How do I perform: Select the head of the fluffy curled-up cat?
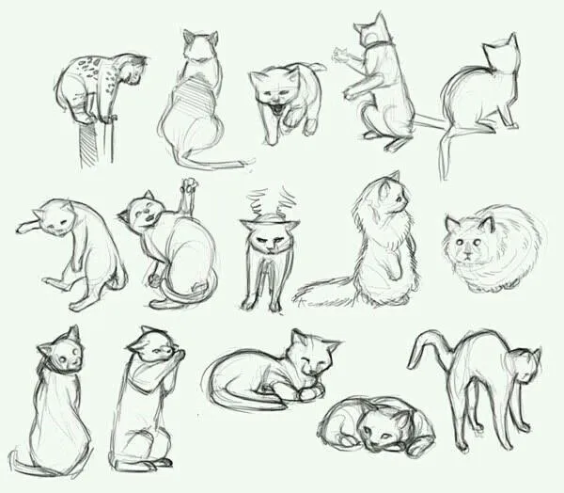click(469, 240)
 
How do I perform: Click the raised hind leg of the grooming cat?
click(191, 202)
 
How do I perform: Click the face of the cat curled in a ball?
click(381, 428)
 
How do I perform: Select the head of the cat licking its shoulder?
click(151, 353)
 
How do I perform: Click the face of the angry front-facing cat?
click(265, 235)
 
